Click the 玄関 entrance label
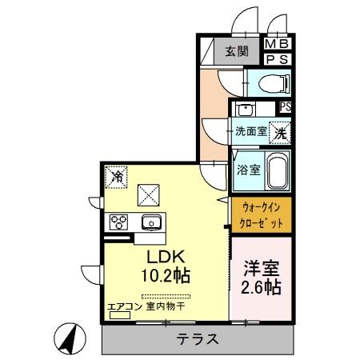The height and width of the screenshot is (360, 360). (x=236, y=52)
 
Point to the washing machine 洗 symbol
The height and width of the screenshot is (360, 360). (x=279, y=132)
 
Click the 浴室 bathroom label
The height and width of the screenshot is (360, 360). (x=247, y=170)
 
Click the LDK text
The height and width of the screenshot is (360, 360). (x=166, y=257)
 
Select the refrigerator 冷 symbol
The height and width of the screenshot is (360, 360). (x=117, y=174)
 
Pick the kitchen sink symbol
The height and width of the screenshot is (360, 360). (x=150, y=222)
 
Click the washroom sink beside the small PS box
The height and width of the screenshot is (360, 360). (x=244, y=109)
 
